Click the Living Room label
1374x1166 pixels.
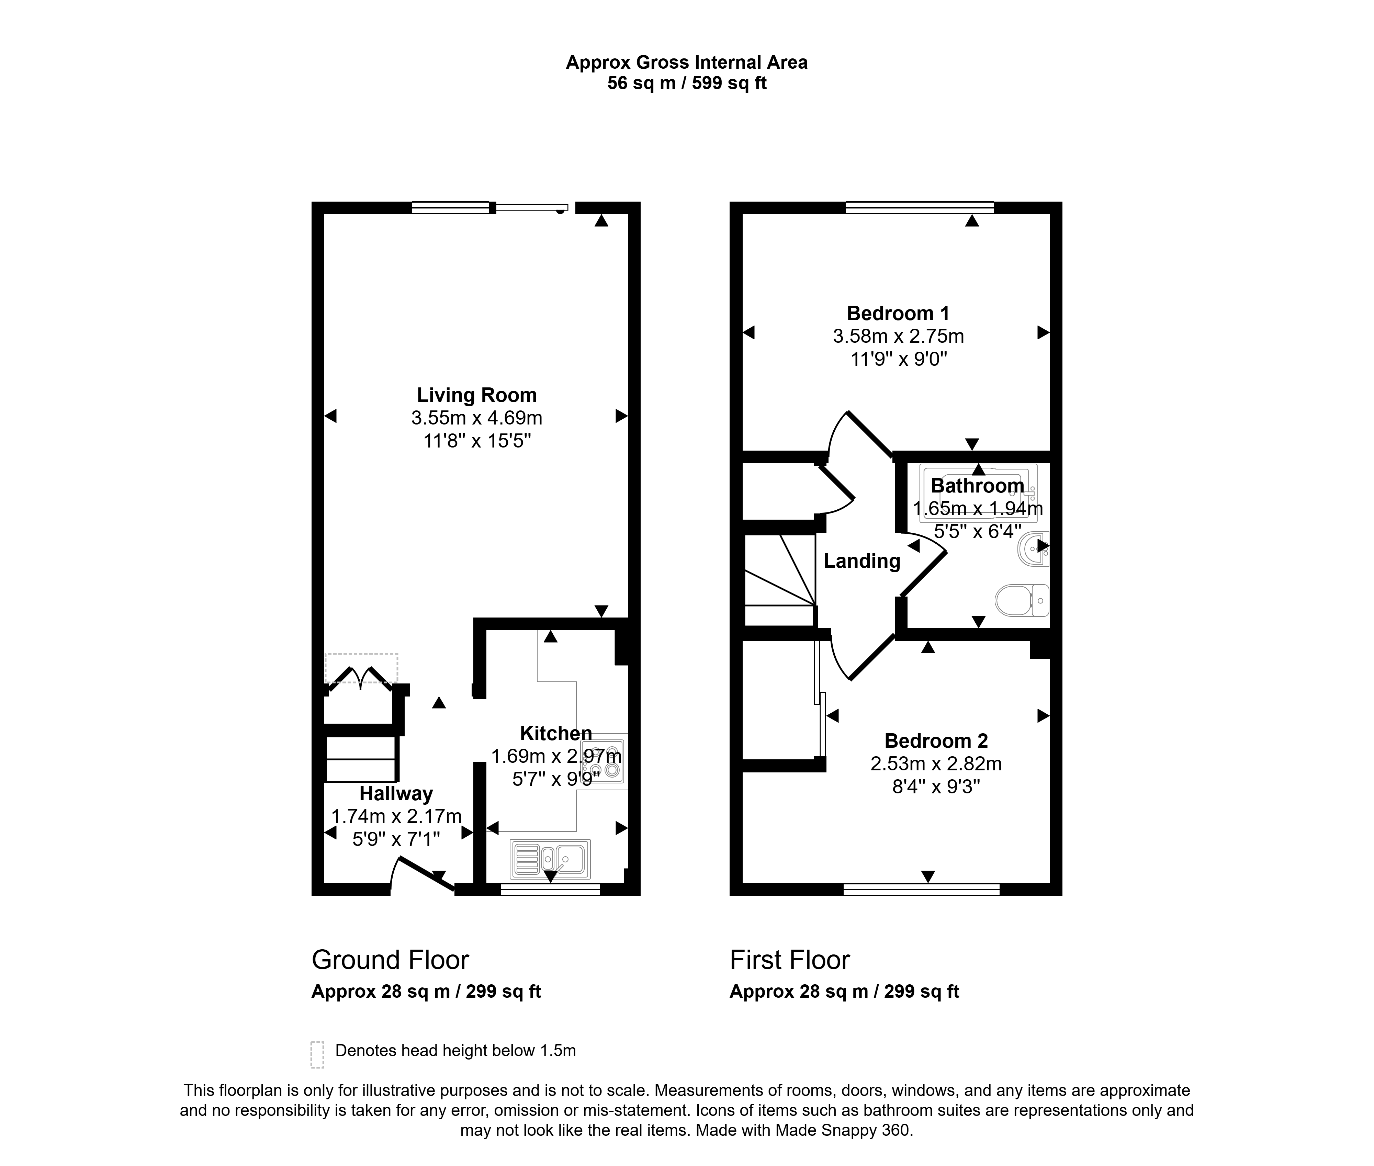pos(477,395)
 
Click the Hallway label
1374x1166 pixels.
pos(396,793)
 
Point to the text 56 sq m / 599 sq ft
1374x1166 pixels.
pos(687,83)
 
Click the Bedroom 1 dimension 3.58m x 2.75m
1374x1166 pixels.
pos(898,337)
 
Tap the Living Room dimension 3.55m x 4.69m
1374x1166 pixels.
pos(477,418)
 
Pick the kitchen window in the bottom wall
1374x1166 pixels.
pos(550,890)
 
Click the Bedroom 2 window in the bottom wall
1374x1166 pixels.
pos(921,890)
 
